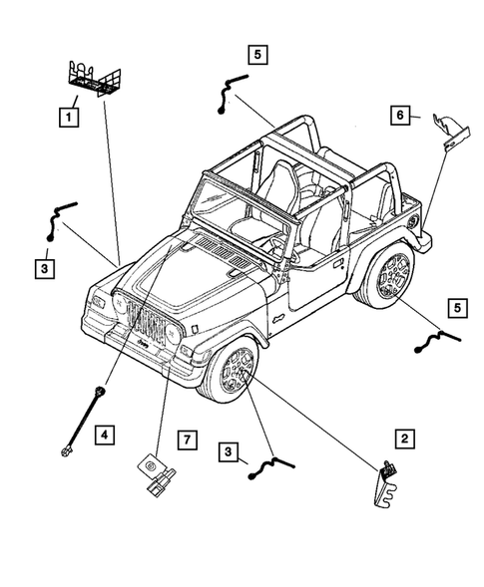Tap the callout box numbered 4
105,433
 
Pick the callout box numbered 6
399,117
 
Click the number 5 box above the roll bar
258,55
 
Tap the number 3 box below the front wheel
230,453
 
